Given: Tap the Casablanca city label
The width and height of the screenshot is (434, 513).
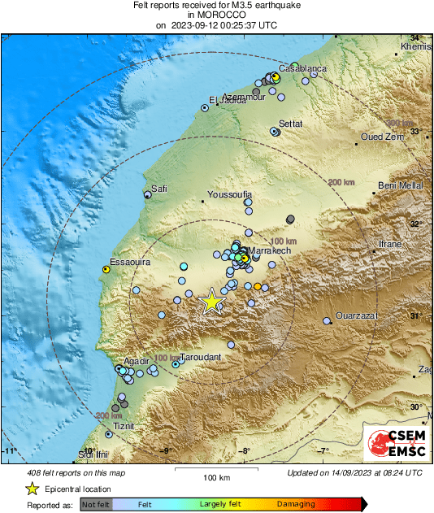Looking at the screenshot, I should pyautogui.click(x=302, y=68).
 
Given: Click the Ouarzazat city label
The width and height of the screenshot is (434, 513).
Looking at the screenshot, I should pyautogui.click(x=358, y=316).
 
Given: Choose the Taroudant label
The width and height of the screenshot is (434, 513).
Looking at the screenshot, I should pyautogui.click(x=202, y=356).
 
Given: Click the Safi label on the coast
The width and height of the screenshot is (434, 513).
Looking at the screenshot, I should pyautogui.click(x=159, y=189).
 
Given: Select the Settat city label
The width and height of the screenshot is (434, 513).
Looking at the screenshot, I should pyautogui.click(x=290, y=124).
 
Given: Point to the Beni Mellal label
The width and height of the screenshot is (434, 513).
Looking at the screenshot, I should pyautogui.click(x=401, y=185).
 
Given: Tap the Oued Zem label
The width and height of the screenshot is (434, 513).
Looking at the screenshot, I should pyautogui.click(x=383, y=137).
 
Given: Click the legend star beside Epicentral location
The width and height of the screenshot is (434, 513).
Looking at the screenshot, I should pyautogui.click(x=32, y=489).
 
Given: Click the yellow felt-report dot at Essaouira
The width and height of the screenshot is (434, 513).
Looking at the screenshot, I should pyautogui.click(x=106, y=268).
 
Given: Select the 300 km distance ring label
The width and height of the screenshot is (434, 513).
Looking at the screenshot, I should pyautogui.click(x=399, y=124).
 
